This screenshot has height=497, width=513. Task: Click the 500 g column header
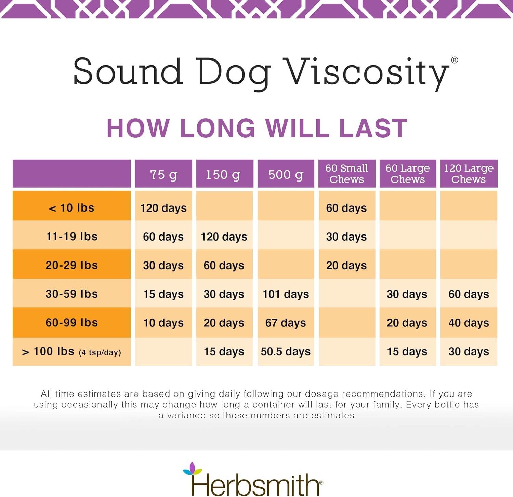tap(286, 174)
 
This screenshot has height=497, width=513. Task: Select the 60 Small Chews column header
tap(346, 174)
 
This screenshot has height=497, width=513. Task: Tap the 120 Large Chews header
tap(469, 174)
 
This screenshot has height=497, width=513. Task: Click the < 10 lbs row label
tap(71, 208)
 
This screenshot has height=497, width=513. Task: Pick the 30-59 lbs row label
tap(71, 294)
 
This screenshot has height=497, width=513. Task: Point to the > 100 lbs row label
tap(71, 352)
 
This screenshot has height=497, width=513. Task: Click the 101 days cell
tap(286, 294)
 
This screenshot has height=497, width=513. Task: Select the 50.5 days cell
tap(286, 352)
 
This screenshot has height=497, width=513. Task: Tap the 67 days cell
tap(286, 323)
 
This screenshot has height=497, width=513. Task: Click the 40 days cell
tap(469, 323)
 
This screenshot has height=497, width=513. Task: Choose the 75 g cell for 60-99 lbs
tap(163, 323)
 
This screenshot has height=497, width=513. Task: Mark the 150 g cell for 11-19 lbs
tap(224, 237)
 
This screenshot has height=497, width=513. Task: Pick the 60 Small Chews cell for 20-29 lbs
tap(346, 265)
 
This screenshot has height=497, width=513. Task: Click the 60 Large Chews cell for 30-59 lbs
tap(407, 294)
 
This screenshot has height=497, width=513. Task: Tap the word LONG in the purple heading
tap(218, 129)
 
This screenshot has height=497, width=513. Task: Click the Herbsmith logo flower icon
tap(193, 469)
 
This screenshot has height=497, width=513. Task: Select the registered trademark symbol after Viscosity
tap(455, 60)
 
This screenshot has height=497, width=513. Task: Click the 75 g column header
tap(163, 174)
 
